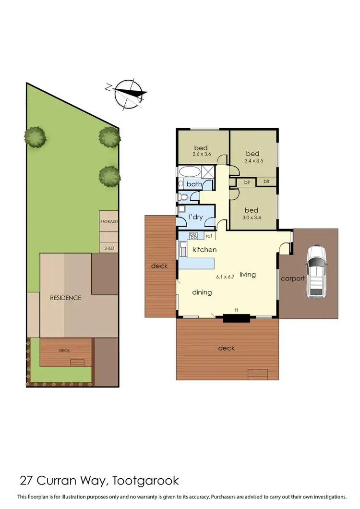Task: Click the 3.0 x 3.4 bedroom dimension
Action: tap(251, 218)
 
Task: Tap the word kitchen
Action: tap(204, 250)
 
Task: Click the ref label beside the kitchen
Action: tap(209, 236)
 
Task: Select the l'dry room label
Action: tap(196, 217)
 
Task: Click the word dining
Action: tap(202, 292)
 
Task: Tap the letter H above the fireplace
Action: tap(236, 310)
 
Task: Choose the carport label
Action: tap(293, 278)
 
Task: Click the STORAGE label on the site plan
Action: tap(109, 222)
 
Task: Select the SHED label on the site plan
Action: tap(109, 248)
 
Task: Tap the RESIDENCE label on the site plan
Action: tap(66, 298)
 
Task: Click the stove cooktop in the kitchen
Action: tap(194, 235)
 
